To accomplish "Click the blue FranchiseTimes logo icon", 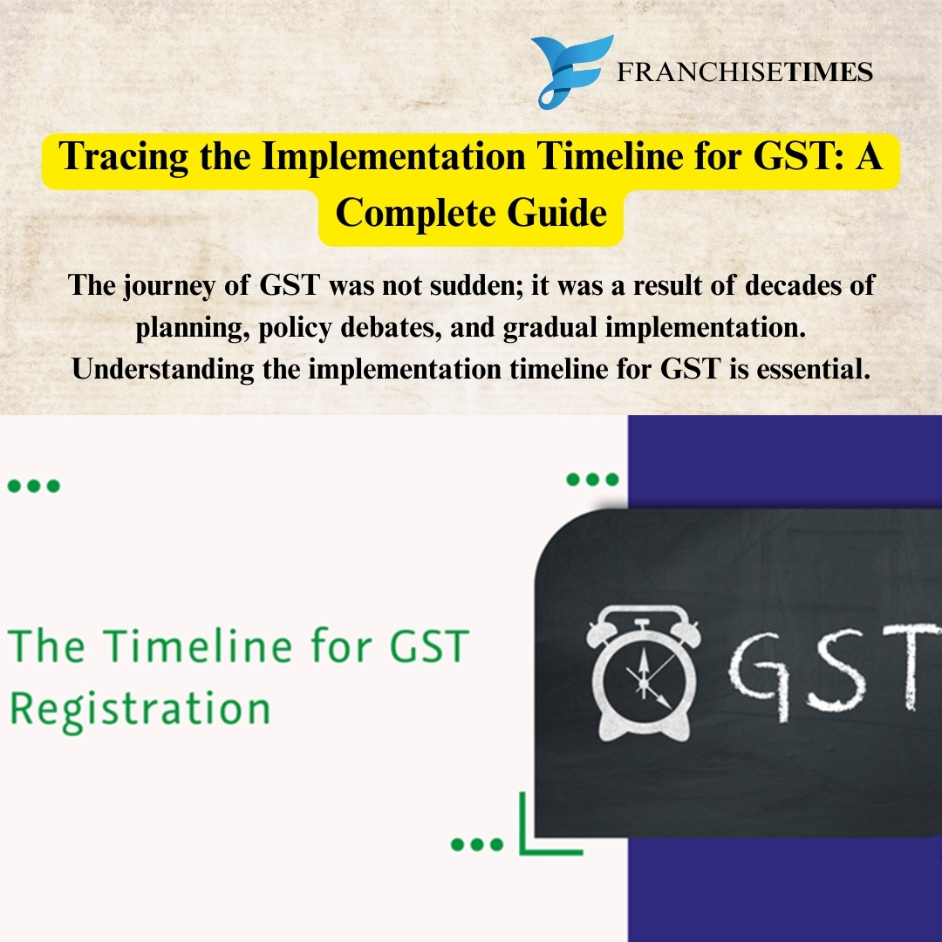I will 570,72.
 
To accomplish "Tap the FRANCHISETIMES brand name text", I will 745,72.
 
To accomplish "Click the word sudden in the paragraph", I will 474,286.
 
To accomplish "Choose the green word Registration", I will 140,708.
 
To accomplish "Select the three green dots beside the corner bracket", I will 477,844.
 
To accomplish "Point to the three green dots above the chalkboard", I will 592,479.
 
